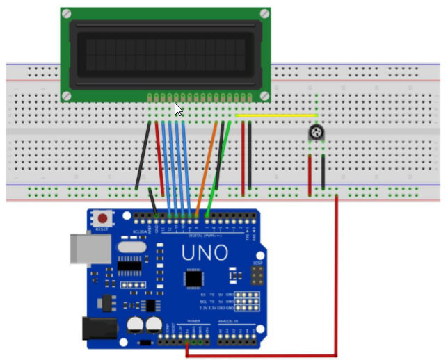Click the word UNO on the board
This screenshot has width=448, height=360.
pos(205,253)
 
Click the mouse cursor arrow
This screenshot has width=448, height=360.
pos(178,109)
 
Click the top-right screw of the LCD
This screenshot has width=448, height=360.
pos(264,13)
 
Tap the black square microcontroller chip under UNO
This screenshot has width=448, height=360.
pos(193,279)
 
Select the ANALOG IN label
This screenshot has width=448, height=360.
pos(232,321)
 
